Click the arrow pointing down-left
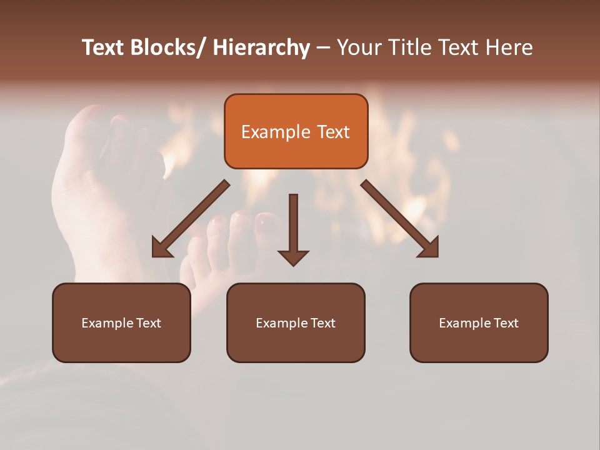click(x=191, y=219)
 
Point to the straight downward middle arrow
click(x=293, y=225)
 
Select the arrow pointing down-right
click(x=400, y=219)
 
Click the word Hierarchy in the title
click(x=261, y=47)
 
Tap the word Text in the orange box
click(x=333, y=132)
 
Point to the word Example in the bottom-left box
click(x=107, y=323)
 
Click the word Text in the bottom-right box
click(x=506, y=323)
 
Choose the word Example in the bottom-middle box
click(x=282, y=323)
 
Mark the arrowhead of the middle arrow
click(x=293, y=257)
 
